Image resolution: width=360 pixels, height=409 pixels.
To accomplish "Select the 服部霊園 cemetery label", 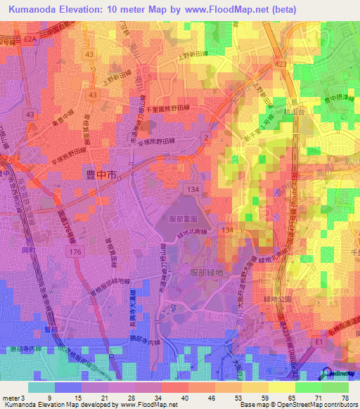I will (x=186, y=219).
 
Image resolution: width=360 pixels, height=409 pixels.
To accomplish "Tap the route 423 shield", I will (x=281, y=63).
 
